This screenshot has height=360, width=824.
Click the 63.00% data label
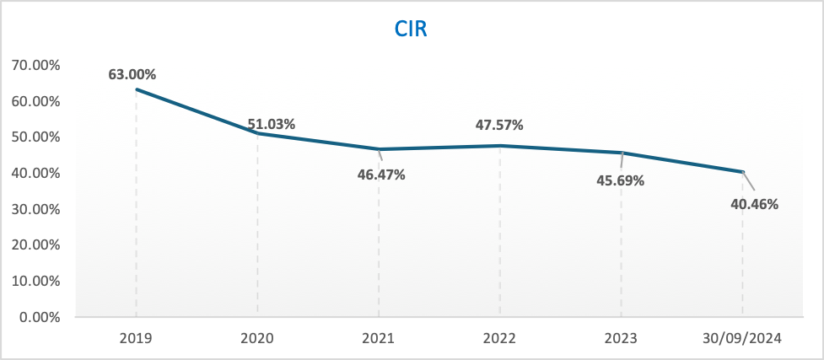(132, 74)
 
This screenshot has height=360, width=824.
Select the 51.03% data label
(272, 124)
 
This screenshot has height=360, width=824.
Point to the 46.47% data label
(381, 175)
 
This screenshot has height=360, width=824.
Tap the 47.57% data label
(499, 125)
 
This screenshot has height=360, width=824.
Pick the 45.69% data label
(621, 180)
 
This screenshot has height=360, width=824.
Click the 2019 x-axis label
(136, 339)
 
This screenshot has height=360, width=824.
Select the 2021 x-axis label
(379, 339)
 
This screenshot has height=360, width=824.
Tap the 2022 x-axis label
(500, 339)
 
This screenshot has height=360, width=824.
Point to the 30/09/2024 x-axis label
(743, 339)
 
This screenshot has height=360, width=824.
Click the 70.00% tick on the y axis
(36, 65)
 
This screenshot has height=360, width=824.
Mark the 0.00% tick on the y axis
(40, 318)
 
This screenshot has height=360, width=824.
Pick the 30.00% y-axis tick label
(36, 209)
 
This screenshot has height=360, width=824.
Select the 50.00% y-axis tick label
(36, 137)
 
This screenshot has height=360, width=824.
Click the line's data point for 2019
(136, 89)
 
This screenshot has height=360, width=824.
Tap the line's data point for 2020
(257, 133)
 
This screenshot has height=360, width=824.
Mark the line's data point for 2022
(500, 146)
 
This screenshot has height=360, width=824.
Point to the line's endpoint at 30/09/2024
(743, 171)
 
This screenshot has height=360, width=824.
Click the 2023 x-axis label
(622, 339)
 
